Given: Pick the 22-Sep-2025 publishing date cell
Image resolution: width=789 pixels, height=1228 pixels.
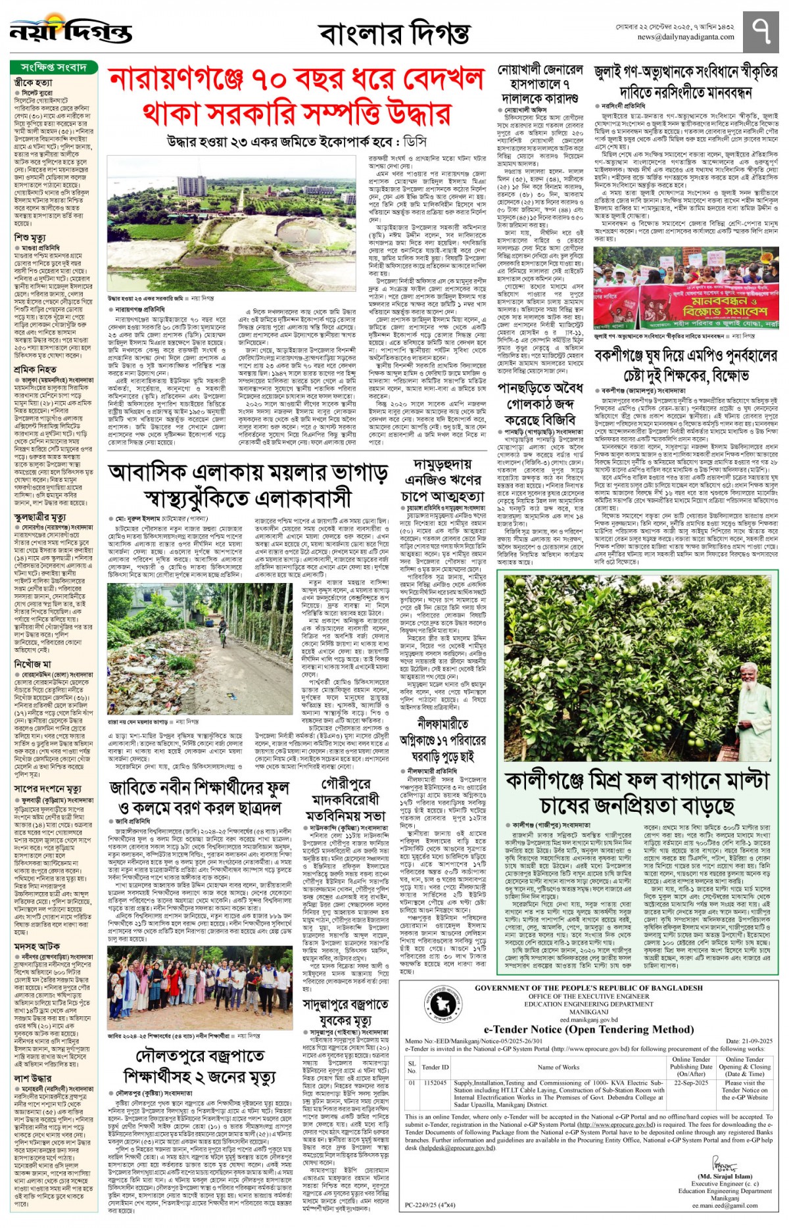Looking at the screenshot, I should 691,1083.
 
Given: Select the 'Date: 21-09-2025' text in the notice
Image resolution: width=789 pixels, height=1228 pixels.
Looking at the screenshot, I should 749,1041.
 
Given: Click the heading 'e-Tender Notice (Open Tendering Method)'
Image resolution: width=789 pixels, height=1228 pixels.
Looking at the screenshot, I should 588,1029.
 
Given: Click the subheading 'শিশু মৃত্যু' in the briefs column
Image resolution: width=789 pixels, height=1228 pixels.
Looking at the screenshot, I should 30,237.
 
